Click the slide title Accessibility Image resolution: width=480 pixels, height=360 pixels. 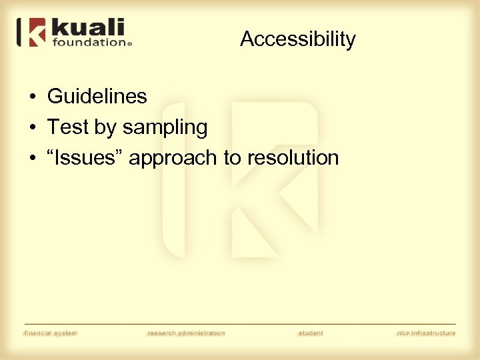297,39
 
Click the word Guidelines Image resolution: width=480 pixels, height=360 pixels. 97,97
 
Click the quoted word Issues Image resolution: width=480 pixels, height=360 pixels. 85,158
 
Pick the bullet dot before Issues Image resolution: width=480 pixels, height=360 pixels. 32,159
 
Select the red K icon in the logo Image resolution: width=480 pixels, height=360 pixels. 37,32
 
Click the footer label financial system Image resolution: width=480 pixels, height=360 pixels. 51,333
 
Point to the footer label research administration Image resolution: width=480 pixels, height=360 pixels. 186,333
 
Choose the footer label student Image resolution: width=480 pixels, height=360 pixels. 311,333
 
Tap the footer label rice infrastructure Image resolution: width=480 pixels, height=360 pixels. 425,333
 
